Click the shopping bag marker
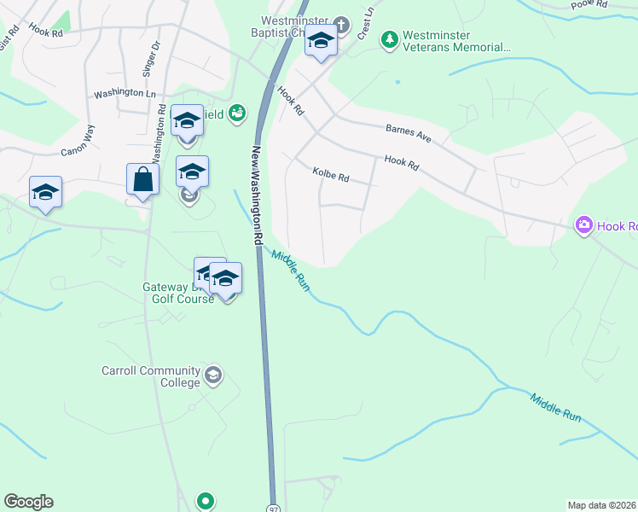click(x=142, y=181)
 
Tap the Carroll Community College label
click(x=150, y=376)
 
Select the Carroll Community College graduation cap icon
click(x=212, y=375)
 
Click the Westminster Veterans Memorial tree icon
click(x=390, y=38)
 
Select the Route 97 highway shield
click(x=274, y=506)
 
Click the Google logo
click(x=28, y=502)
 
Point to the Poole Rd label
click(x=589, y=4)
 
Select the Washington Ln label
click(x=125, y=93)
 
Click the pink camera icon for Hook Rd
click(x=584, y=225)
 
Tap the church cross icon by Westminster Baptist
click(x=341, y=24)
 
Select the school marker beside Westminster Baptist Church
click(x=321, y=42)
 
